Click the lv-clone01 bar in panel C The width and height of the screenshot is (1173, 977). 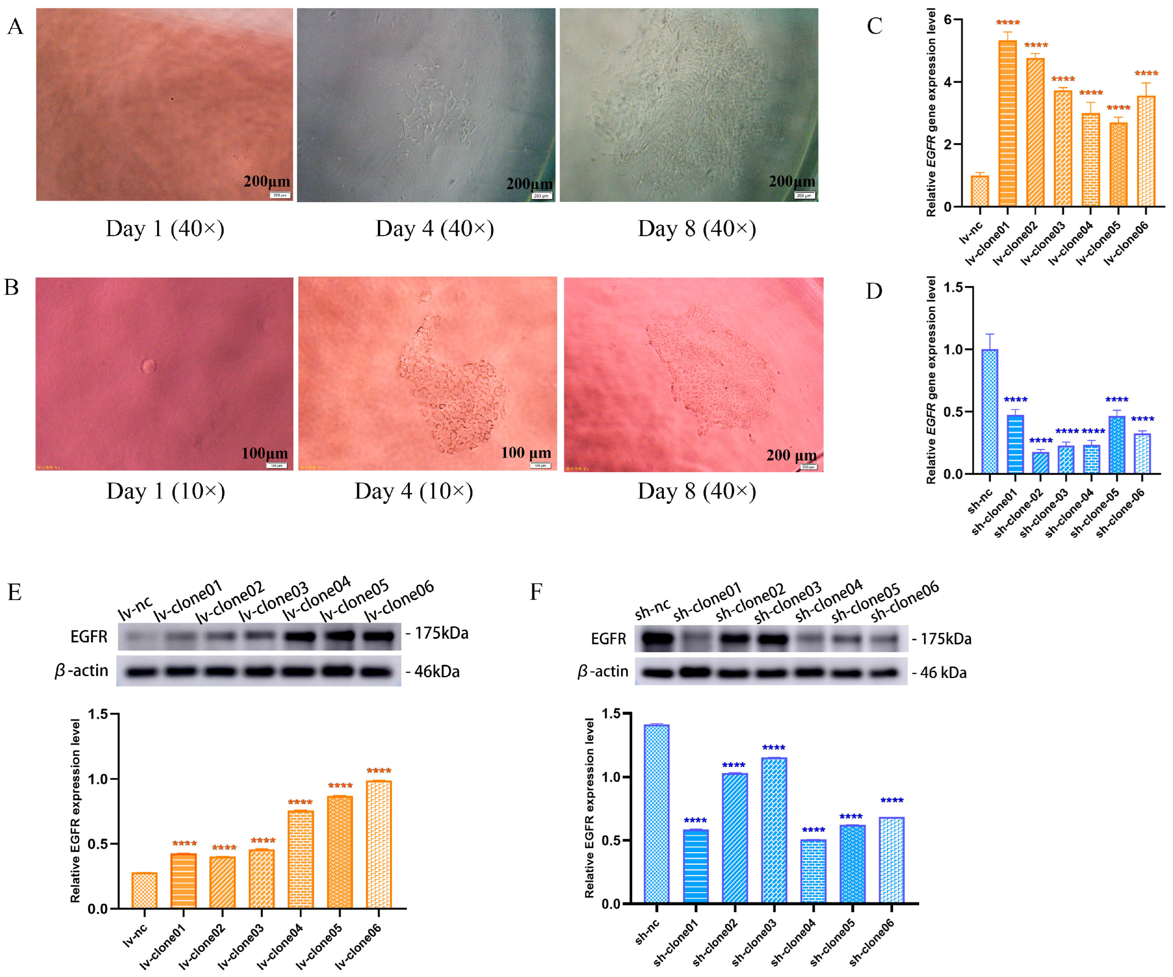(1007, 123)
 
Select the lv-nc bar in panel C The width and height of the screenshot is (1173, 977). (980, 191)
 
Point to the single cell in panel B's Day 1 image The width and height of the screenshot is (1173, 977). (148, 366)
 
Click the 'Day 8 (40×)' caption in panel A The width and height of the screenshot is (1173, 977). (697, 229)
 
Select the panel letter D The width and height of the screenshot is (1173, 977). (874, 291)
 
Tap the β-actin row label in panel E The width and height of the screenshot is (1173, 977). (82, 670)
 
